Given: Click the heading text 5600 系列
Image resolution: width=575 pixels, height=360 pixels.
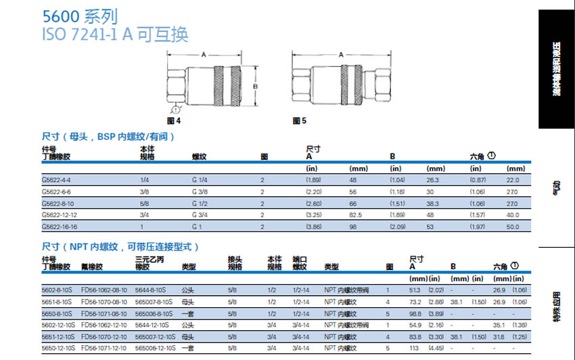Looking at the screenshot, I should tap(73, 16).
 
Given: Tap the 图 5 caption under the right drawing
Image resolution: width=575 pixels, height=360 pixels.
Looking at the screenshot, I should tap(300, 120).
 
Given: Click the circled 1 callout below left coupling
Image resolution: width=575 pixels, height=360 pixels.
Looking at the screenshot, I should tap(175, 108).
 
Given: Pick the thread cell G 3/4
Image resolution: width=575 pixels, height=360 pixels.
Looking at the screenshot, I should tap(200, 215).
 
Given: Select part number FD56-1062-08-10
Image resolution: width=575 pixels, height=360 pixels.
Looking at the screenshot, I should tap(103, 289).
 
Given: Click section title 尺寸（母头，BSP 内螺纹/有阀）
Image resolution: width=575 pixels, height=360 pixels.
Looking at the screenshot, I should tap(108, 137).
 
